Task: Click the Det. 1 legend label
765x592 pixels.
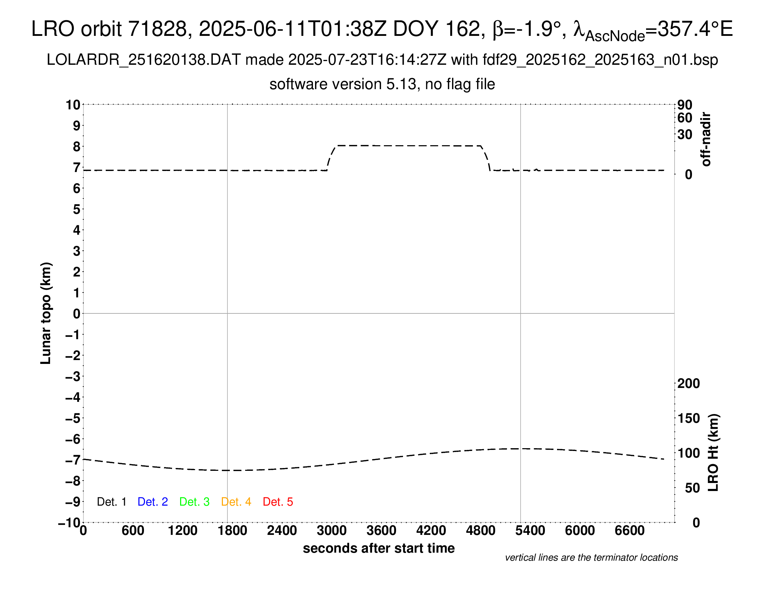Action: click(111, 502)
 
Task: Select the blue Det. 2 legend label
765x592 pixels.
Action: click(153, 502)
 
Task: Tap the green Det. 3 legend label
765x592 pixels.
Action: click(194, 502)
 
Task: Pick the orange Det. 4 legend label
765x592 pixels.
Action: click(236, 502)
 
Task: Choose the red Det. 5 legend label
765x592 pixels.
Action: click(278, 502)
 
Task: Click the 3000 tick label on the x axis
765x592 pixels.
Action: click(331, 530)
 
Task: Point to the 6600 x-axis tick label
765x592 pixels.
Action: click(629, 530)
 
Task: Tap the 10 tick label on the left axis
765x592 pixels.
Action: click(73, 104)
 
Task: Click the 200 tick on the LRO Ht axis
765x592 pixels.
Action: click(688, 383)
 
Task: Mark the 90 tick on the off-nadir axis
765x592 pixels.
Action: click(685, 105)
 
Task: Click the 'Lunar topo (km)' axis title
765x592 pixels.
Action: click(46, 313)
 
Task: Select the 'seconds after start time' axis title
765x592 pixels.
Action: click(379, 548)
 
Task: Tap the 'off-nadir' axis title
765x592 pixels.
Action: click(706, 139)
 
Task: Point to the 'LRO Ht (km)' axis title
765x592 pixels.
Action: click(713, 453)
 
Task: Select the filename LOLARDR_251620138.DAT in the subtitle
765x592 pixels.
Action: click(144, 60)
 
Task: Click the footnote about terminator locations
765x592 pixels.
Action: click(591, 558)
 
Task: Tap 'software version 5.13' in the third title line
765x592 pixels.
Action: click(343, 84)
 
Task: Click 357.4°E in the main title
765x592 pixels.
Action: click(695, 29)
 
